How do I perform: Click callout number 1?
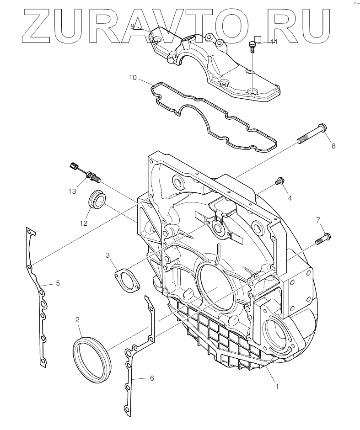click(x=277, y=386)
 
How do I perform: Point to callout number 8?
click(x=333, y=146)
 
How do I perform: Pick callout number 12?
click(x=83, y=223)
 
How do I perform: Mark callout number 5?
click(x=58, y=283)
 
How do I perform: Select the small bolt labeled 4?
click(x=279, y=183)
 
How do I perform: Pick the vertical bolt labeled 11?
click(x=252, y=47)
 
